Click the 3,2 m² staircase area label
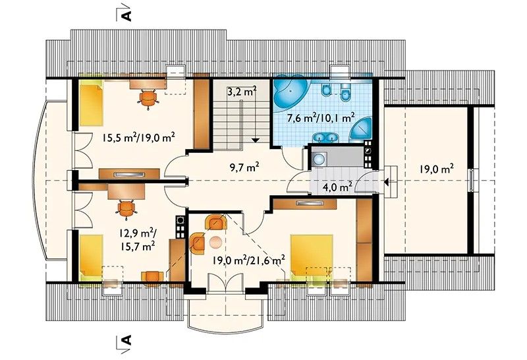click(242, 92)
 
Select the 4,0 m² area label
click(337, 186)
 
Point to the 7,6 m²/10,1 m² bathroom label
click(321, 119)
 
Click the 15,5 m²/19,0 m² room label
click(139, 138)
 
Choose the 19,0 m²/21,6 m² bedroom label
click(249, 260)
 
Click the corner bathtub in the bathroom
click(289, 93)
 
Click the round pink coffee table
click(216, 242)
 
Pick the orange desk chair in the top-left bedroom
click(148, 98)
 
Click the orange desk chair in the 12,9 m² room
click(126, 209)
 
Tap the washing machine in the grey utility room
click(319, 159)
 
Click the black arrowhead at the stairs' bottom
click(256, 140)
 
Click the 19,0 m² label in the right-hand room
click(437, 169)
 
